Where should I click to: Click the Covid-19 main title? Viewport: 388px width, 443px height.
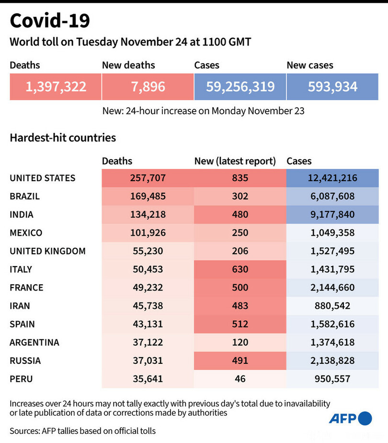[x=50, y=21]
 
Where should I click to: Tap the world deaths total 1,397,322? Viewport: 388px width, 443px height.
[x=56, y=87]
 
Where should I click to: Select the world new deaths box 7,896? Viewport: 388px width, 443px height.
[x=148, y=87]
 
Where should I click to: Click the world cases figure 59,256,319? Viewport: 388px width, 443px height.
[x=240, y=87]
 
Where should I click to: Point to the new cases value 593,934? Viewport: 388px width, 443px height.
[x=333, y=87]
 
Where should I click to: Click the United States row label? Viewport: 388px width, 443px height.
[x=43, y=178]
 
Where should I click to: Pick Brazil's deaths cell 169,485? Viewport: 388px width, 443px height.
[x=148, y=196]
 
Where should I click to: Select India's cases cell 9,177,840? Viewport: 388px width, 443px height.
[x=332, y=214]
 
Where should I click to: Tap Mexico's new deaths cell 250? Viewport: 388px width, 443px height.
[x=240, y=233]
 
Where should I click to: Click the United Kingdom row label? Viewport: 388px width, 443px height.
[x=48, y=251]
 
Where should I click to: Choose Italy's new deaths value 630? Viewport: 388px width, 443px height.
[x=240, y=269]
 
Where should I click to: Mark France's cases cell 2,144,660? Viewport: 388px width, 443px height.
[x=332, y=287]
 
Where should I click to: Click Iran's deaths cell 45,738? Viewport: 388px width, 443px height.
[x=148, y=305]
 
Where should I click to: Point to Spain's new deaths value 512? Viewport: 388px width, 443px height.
[x=240, y=324]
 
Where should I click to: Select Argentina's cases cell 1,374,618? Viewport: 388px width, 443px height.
[x=332, y=342]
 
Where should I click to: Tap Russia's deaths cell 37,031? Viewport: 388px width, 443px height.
[x=148, y=360]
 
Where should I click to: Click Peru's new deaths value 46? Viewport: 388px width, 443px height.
[x=240, y=378]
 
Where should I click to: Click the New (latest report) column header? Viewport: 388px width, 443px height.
[x=235, y=162]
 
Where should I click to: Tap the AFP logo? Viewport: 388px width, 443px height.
[x=350, y=418]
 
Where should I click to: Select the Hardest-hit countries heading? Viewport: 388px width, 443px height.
[x=63, y=138]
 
